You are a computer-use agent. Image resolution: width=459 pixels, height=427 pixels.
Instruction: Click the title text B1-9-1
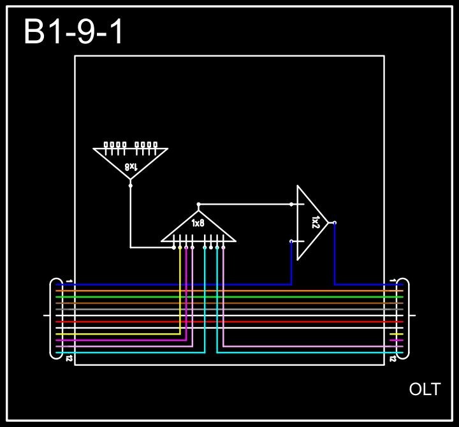pos(74,32)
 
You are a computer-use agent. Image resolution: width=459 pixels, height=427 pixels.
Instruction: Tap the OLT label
pos(425,389)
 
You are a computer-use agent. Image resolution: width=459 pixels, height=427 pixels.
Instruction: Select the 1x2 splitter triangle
pos(311,222)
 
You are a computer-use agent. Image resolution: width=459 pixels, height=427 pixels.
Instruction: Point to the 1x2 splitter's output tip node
pos(335,222)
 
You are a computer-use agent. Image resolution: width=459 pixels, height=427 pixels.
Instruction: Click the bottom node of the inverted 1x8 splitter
pos(131,185)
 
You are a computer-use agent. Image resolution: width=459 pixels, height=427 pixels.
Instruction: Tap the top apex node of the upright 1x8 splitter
pos(198,204)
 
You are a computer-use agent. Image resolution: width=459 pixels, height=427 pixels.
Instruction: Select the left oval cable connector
pos(56,318)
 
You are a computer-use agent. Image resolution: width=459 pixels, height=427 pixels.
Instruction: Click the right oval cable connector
pos(403,318)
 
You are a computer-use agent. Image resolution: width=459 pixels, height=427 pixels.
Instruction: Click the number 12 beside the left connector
pos(68,359)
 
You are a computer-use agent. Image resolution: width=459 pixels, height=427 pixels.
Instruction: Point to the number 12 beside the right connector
pos(392,359)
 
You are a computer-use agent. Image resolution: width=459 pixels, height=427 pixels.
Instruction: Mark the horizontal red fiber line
pos(229,322)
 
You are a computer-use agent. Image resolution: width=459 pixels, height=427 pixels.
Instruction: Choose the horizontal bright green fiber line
pos(229,297)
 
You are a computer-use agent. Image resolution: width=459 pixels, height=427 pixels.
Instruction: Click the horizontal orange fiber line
pos(229,291)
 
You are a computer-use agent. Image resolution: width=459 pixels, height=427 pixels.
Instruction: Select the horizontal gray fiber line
pos(229,309)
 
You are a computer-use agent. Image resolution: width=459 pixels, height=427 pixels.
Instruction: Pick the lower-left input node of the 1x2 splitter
pos(292,242)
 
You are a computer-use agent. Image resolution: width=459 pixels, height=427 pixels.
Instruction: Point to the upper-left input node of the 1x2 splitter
pos(292,205)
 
